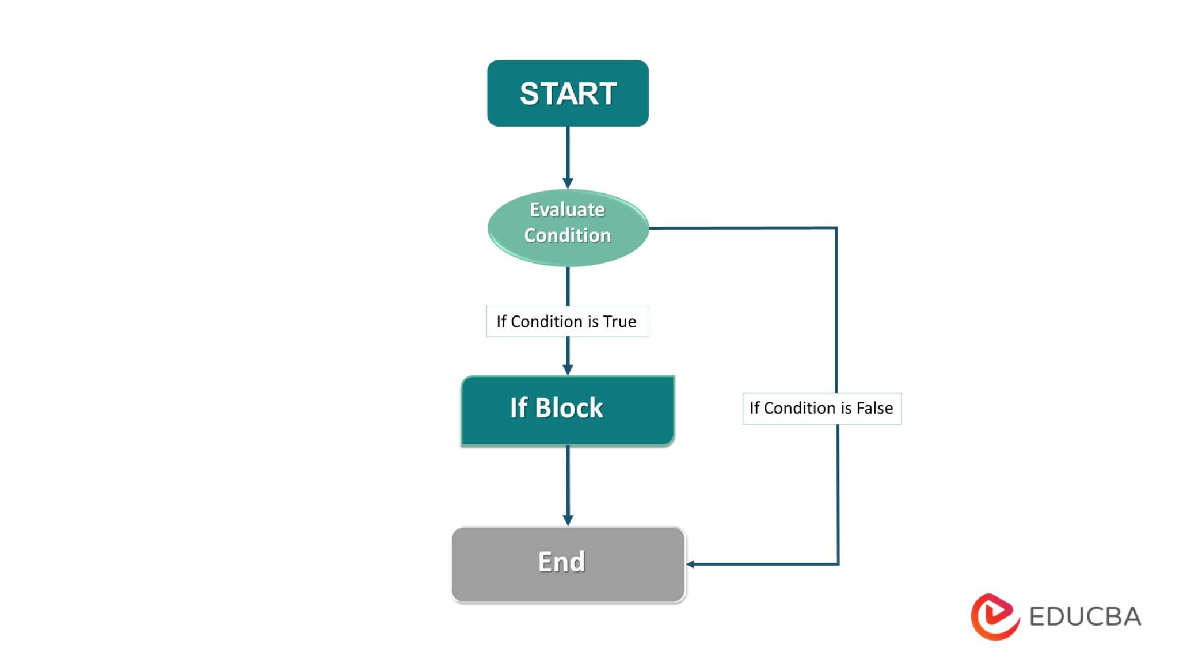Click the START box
(568, 93)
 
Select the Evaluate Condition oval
(568, 228)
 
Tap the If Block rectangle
(568, 410)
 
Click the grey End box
(568, 564)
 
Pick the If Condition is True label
(567, 321)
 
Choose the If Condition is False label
(822, 408)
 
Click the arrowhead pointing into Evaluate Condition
(568, 184)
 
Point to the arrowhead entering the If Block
(568, 369)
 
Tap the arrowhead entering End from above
(568, 520)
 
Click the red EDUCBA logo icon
(994, 616)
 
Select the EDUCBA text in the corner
(1085, 617)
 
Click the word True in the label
(619, 321)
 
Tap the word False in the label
(874, 408)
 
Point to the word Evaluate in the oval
(567, 209)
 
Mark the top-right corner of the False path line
(836, 228)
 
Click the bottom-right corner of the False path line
(838, 564)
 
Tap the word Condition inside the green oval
(567, 235)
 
